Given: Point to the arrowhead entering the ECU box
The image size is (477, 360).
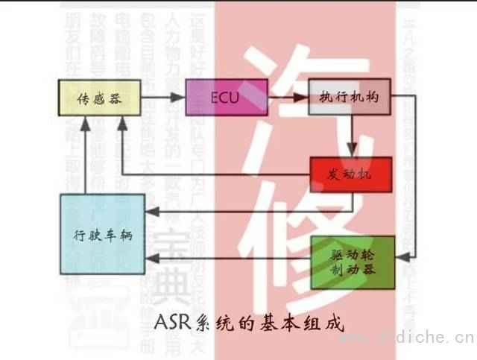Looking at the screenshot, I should click(180, 98).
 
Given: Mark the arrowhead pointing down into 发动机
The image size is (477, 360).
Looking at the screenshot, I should click(356, 152).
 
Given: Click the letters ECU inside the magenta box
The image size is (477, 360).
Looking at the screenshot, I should click(223, 98).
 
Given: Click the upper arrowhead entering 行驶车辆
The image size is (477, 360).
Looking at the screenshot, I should click(150, 214).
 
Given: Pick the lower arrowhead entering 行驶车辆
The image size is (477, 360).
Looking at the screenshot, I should click(150, 259).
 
